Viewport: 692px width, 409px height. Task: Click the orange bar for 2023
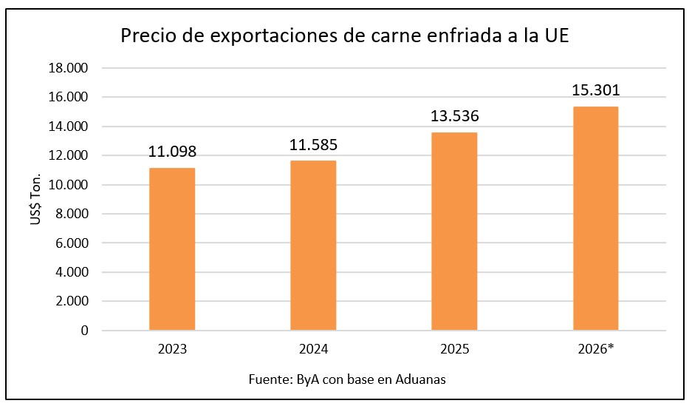(172, 249)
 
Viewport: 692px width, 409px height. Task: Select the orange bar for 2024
(313, 246)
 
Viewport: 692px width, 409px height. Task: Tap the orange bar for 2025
(455, 231)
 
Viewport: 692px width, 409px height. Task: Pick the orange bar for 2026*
(596, 218)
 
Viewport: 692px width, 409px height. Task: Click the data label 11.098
(172, 152)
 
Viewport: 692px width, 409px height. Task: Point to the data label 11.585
(313, 144)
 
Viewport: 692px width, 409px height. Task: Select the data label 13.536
(455, 116)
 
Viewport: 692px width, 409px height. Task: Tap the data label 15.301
(596, 90)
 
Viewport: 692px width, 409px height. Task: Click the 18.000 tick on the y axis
(69, 68)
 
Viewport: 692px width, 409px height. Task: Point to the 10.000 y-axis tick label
(69, 185)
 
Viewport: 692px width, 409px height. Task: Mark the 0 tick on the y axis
(84, 331)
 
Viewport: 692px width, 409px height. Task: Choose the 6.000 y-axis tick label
(72, 243)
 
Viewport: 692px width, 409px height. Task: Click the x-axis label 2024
(313, 349)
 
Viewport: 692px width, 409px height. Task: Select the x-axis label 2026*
(596, 349)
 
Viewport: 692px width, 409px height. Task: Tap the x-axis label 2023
(172, 349)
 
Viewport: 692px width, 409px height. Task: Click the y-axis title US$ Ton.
(35, 199)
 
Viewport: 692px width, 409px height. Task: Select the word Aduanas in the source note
(420, 379)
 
